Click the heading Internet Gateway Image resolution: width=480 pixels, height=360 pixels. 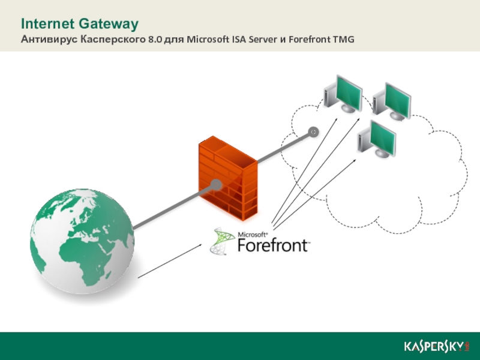[80, 24]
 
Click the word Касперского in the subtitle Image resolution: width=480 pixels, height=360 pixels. [112, 40]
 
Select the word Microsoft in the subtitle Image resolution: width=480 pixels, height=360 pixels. [208, 40]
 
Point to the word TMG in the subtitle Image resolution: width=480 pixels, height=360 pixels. [342, 40]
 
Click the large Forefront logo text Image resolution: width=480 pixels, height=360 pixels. [274, 245]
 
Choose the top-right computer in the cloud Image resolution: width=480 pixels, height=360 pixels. [393, 100]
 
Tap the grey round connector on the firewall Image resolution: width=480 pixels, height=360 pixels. [215, 184]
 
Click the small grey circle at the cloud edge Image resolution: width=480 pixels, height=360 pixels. [313, 131]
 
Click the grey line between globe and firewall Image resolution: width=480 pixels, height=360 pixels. [171, 208]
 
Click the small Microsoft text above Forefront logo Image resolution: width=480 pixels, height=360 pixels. [252, 235]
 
